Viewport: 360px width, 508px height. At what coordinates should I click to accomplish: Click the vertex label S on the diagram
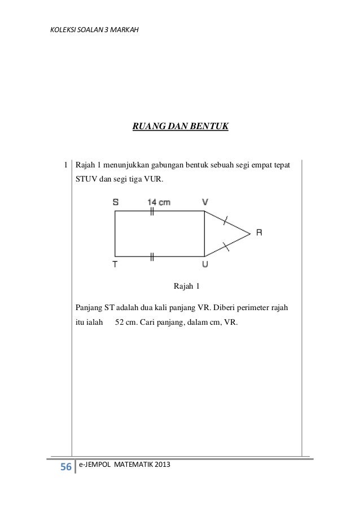pos(115,201)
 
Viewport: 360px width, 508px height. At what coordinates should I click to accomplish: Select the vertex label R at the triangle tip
pos(259,232)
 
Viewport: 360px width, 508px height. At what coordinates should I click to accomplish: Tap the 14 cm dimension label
pos(159,201)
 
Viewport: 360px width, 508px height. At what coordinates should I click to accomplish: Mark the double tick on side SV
pos(152,211)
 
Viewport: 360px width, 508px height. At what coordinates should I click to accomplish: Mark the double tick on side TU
pos(152,257)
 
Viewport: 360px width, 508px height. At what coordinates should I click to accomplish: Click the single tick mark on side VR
pos(226,220)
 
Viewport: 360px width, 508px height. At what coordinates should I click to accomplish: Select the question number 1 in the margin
pos(66,166)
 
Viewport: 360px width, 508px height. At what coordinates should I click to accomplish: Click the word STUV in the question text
pos(88,180)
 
